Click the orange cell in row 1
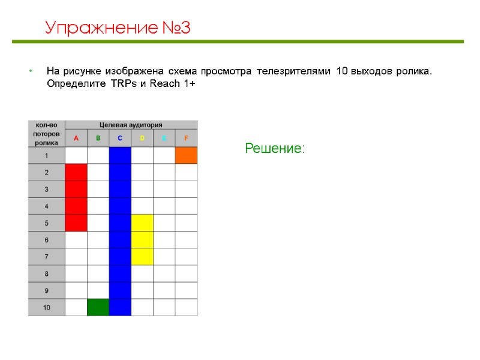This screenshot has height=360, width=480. (186, 155)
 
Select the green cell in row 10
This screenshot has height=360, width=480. (98, 307)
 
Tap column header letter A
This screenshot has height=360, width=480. (76, 139)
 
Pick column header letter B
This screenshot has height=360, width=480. (98, 139)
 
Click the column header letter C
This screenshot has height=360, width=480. (120, 139)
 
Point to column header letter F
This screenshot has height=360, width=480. (186, 139)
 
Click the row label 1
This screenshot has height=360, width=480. (46, 155)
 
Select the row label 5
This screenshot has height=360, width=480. (46, 223)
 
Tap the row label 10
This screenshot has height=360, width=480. (46, 307)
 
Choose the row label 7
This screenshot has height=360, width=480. (46, 257)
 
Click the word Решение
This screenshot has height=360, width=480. (275, 148)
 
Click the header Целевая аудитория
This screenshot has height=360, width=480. (131, 125)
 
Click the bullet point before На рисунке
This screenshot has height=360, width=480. (30, 72)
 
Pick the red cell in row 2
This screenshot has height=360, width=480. (76, 172)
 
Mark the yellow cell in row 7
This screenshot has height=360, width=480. (142, 257)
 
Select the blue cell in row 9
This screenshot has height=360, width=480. (120, 290)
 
